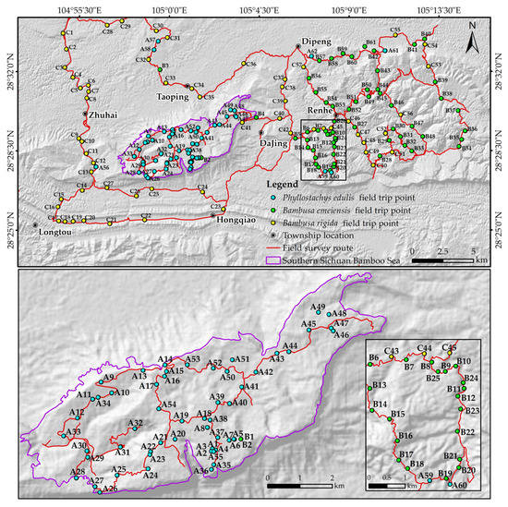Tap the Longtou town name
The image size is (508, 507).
pos(49,234)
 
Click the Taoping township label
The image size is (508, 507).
pos(173,96)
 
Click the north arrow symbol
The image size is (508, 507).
pos(470,41)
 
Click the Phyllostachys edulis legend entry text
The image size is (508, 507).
pos(331,198)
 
